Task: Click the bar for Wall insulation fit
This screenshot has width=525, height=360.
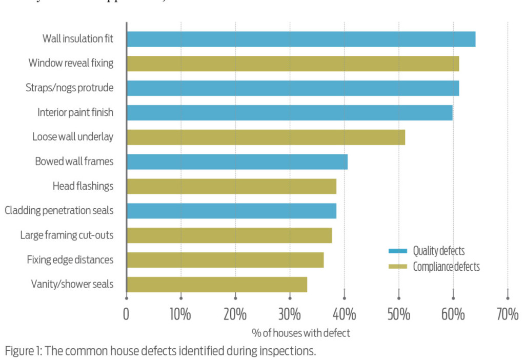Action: pyautogui.click(x=300, y=39)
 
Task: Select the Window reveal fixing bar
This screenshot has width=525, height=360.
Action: pyautogui.click(x=292, y=64)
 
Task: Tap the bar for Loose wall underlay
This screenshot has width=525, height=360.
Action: pyautogui.click(x=266, y=137)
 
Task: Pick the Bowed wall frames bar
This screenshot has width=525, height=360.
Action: pyautogui.click(x=237, y=162)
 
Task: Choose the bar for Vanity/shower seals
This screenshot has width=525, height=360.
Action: pyautogui.click(x=216, y=285)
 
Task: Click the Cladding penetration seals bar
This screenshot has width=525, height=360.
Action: pyautogui.click(x=231, y=211)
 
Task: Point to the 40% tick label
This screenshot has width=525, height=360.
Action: pyautogui.click(x=344, y=314)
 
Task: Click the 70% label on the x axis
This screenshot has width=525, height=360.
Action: pyautogui.click(x=507, y=314)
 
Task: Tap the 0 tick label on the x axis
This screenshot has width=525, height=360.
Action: pyautogui.click(x=126, y=314)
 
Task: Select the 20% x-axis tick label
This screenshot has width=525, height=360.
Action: pyautogui.click(x=235, y=314)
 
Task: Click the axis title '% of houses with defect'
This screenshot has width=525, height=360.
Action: pyautogui.click(x=301, y=333)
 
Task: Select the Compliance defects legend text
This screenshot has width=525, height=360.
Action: pyautogui.click(x=446, y=266)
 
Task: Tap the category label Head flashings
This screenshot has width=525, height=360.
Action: pyautogui.click(x=83, y=186)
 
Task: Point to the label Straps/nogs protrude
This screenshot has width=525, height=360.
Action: pyautogui.click(x=70, y=88)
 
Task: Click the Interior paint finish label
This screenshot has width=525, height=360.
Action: pyautogui.click(x=75, y=112)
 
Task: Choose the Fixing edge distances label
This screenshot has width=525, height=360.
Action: pyautogui.click(x=70, y=260)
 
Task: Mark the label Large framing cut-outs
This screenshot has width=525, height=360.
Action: pyautogui.click(x=67, y=235)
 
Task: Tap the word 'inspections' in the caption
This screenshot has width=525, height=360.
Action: pyautogui.click(x=289, y=352)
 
